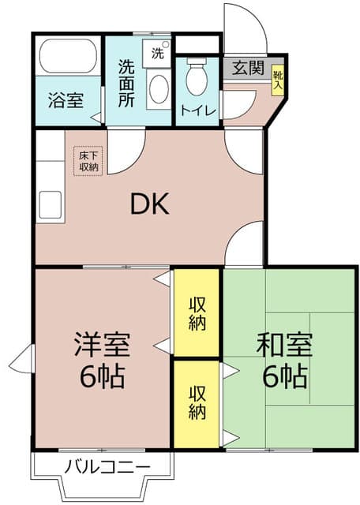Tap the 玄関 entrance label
[248, 69]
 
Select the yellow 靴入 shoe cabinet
[278, 81]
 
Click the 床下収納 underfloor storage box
[88, 161]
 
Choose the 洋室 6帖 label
[102, 360]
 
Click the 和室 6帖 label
[285, 360]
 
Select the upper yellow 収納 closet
[197, 313]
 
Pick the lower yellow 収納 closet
[197, 402]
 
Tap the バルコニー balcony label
[107, 467]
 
